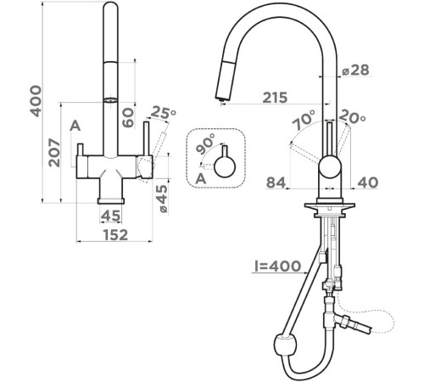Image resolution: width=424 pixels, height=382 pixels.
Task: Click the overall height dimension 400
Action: coord(36,101)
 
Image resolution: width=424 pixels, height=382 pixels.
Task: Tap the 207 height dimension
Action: coord(54,153)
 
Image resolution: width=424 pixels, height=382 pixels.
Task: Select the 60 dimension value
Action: coord(128,118)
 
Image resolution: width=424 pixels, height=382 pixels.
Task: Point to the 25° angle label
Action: coord(163,112)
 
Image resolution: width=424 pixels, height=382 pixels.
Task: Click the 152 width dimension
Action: coord(115,235)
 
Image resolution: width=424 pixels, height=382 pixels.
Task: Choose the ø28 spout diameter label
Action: coord(355,70)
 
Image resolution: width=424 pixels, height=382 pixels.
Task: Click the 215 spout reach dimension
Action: coord(275,98)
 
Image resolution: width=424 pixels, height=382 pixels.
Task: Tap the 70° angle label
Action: coord(304,120)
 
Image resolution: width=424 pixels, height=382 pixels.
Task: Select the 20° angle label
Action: coord(352,116)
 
